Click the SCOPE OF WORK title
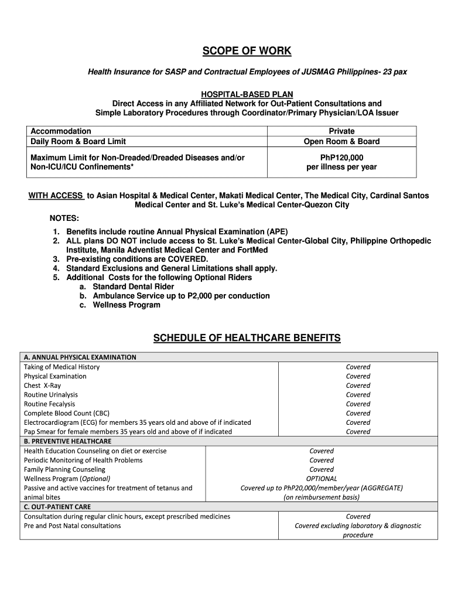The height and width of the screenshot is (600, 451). [x=247, y=51]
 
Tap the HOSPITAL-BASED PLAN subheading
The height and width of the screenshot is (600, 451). [x=247, y=94]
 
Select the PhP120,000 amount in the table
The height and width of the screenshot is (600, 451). [x=341, y=158]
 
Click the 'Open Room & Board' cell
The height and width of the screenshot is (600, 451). [x=341, y=141]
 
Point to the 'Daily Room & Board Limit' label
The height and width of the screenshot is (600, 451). [x=78, y=141]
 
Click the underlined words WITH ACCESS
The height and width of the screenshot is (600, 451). [x=56, y=196]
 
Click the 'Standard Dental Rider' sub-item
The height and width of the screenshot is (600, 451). [x=134, y=287]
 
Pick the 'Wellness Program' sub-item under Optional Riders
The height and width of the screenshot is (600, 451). [x=127, y=305]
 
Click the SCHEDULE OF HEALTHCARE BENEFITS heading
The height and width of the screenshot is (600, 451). [x=247, y=338]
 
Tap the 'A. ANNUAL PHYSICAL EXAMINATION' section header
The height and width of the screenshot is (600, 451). [x=80, y=357]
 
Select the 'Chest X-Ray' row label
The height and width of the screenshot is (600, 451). [x=42, y=386]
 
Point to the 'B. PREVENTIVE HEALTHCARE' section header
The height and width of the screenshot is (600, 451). [x=67, y=441]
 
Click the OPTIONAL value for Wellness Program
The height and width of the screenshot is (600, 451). [x=322, y=479]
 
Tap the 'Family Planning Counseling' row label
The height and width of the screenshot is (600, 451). [x=64, y=469]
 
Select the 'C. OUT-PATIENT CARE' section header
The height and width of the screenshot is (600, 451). [x=57, y=507]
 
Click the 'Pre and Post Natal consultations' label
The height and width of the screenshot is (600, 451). [x=72, y=526]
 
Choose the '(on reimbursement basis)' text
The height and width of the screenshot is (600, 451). [x=322, y=497]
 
